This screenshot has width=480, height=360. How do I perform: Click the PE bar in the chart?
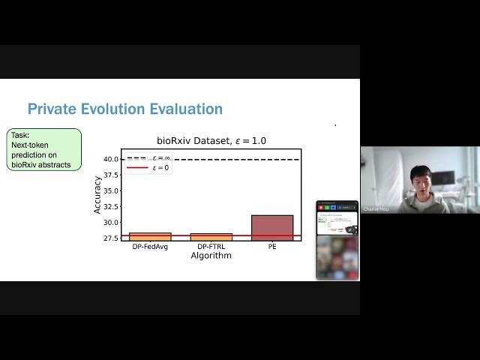pos(272,227)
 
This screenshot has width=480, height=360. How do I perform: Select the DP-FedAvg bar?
pos(150,236)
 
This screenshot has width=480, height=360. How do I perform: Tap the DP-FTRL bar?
pos(211,236)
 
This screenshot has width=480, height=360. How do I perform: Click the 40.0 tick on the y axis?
pos(110,159)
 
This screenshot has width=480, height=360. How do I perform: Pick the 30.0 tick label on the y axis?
pos(110,222)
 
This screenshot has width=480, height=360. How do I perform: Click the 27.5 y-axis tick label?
pos(110,238)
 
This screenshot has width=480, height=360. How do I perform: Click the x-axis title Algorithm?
pos(211,256)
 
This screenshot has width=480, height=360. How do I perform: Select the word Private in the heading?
pos(51,109)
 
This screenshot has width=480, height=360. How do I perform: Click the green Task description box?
pos(45,149)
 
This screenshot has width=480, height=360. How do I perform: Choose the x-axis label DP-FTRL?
pos(211,247)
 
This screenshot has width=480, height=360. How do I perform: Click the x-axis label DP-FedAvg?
pos(150,247)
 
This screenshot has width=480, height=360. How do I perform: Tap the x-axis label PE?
pos(272,247)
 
